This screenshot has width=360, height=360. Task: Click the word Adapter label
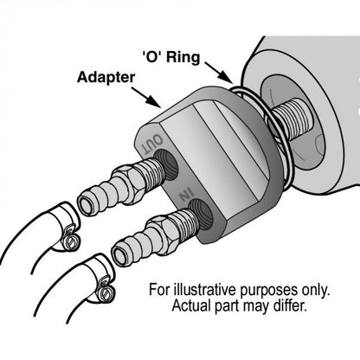pyautogui.click(x=106, y=78)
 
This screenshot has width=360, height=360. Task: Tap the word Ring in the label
pyautogui.click(x=183, y=57)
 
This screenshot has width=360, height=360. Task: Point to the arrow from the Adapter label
pyautogui.click(x=145, y=97)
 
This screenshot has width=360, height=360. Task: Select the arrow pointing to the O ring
pyautogui.click(x=219, y=72)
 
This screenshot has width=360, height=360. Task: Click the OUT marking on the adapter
pyautogui.click(x=152, y=145)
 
